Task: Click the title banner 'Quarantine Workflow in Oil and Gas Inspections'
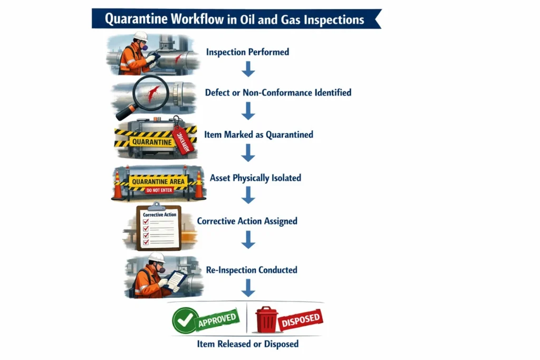pos(235,19)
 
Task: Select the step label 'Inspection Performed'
pos(247,52)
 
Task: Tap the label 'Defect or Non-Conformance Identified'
pos(278,93)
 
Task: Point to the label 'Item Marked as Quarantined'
pos(261,134)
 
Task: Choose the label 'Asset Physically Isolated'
pos(255,178)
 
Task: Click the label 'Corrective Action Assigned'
pos(247,221)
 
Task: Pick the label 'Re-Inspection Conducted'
pos(247,270)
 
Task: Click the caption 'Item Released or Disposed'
pos(247,344)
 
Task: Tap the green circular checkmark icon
pos(185,320)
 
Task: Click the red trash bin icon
pos(266,320)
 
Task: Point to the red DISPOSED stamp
pos(300,319)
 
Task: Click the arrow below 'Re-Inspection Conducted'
pos(247,288)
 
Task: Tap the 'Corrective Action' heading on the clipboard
pos(159,215)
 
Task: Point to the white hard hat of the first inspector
pos(141,36)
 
